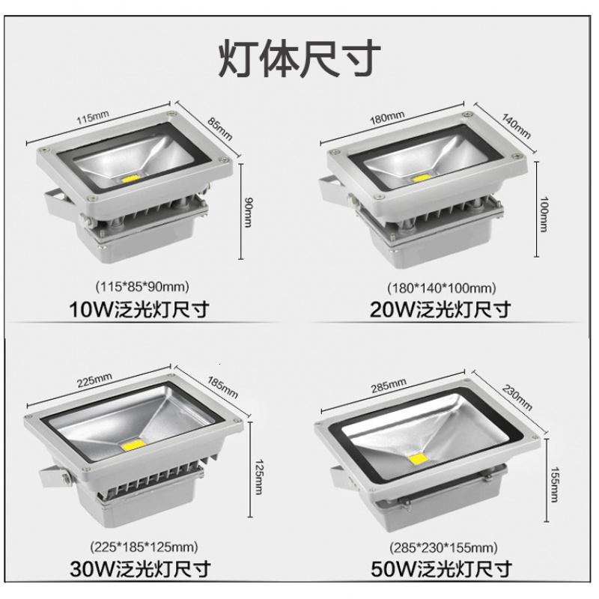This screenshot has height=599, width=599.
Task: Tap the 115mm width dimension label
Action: [x=93, y=117]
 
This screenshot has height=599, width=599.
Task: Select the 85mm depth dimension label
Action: [x=220, y=128]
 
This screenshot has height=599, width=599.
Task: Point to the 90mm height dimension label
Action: [x=248, y=213]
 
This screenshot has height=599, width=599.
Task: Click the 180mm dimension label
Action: [x=386, y=118]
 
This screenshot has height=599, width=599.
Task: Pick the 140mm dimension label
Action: [x=516, y=126]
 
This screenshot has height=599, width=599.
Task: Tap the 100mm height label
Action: [x=544, y=214]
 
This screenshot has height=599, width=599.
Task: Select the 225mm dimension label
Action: [x=95, y=380]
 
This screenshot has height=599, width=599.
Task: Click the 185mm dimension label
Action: [x=222, y=387]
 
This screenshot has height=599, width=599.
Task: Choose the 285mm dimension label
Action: [x=389, y=385]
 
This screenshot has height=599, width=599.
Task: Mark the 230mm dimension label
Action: [x=517, y=398]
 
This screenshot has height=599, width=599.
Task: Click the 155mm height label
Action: [x=554, y=484]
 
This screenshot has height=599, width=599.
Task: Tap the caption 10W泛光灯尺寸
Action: [x=139, y=309]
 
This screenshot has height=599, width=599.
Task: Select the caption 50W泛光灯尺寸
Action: [x=441, y=569]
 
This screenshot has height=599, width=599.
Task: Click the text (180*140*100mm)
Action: [x=442, y=288]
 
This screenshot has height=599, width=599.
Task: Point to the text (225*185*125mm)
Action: [x=144, y=547]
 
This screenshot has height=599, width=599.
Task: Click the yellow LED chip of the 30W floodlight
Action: [x=133, y=444]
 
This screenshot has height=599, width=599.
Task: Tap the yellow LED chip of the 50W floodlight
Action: [x=418, y=460]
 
